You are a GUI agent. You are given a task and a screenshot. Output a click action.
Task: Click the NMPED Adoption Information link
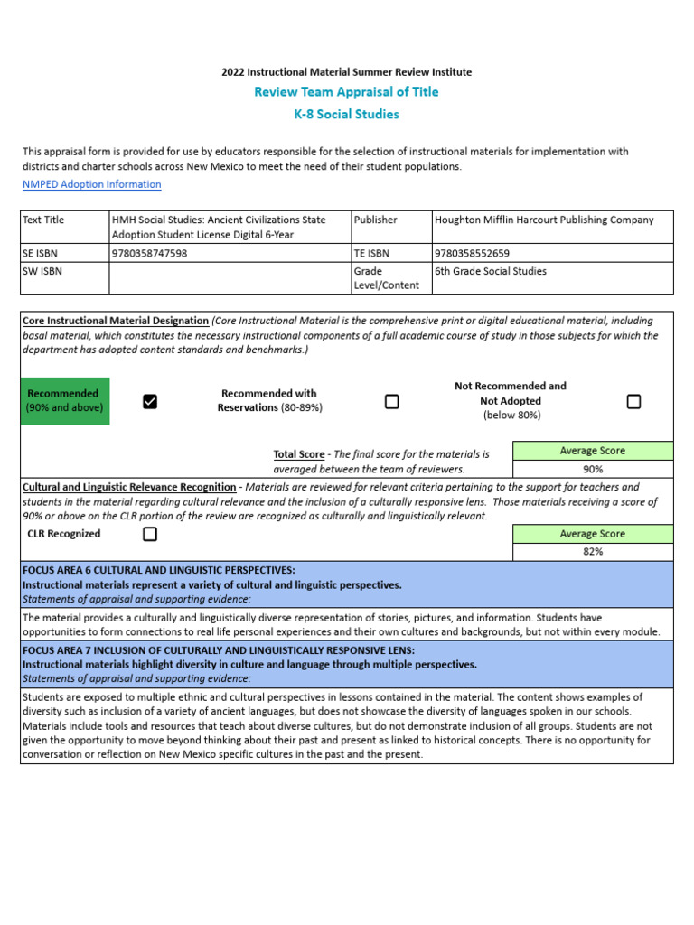[x=91, y=184]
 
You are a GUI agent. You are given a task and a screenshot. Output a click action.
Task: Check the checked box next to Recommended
[x=150, y=402]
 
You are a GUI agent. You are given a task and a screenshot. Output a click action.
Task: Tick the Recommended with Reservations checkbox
[x=392, y=402]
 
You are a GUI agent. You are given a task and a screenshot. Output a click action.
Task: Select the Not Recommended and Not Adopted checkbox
[x=633, y=402]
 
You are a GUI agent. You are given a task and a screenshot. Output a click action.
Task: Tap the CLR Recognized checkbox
[x=150, y=534]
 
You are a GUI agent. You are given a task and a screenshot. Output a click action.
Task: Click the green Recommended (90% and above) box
[x=64, y=401]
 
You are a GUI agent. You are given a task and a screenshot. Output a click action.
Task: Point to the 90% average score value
[x=593, y=469]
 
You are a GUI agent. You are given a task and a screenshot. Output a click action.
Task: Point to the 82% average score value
[x=593, y=551]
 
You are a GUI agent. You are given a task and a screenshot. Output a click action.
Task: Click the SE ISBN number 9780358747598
[x=149, y=254]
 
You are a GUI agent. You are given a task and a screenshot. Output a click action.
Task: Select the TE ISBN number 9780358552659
[x=472, y=254]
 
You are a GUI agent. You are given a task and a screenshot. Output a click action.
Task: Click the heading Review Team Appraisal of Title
[x=346, y=92]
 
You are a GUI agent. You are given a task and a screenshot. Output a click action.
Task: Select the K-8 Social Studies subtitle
[x=346, y=115]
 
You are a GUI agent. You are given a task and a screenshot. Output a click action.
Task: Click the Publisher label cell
[x=375, y=220]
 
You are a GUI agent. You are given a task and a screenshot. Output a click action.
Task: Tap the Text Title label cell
[x=44, y=220]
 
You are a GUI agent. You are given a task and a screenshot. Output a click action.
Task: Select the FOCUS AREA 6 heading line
[x=159, y=570]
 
